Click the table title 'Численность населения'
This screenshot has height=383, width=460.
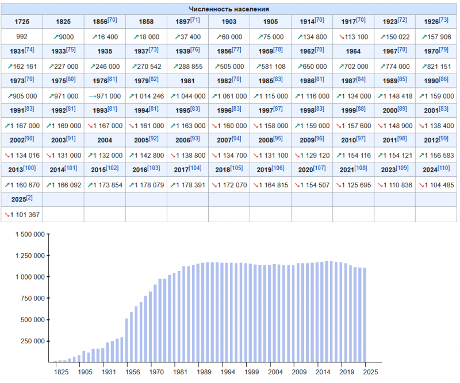[x=229, y=9]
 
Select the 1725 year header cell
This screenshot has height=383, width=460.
[x=22, y=21]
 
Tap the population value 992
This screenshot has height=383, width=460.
[x=22, y=36]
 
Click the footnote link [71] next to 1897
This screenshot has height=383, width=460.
[x=195, y=20]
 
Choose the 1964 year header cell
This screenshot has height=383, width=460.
[x=353, y=51]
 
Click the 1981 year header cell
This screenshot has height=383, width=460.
[x=187, y=81]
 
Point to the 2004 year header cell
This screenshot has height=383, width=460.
[x=105, y=140]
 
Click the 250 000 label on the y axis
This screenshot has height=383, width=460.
[x=30, y=341]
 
